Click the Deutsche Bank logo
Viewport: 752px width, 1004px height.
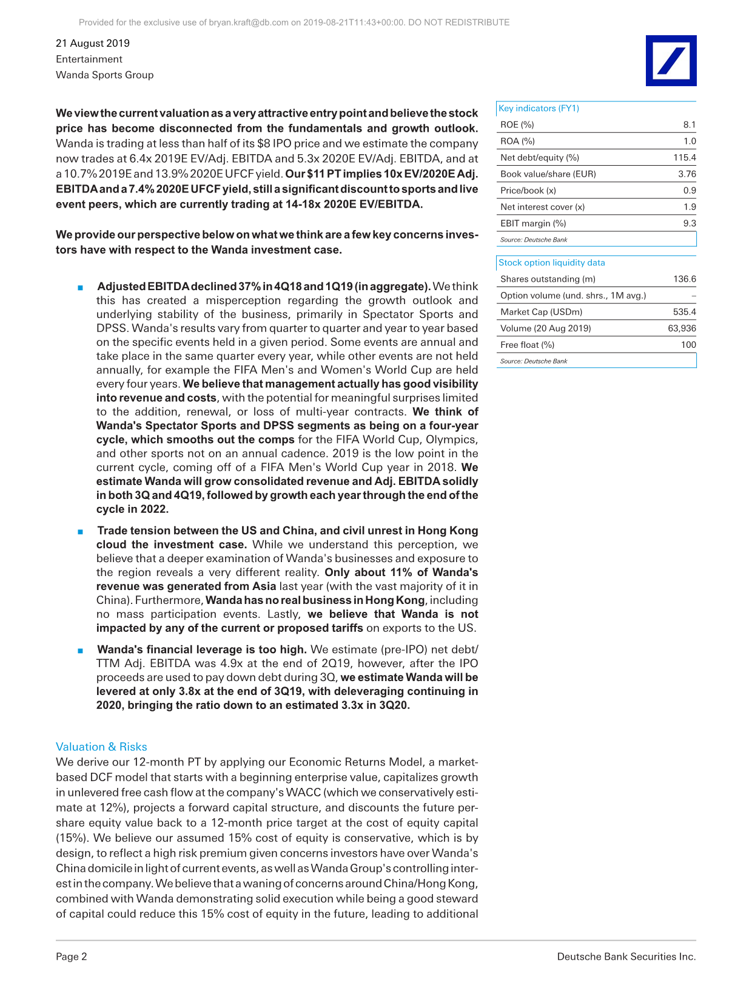(x=671, y=61)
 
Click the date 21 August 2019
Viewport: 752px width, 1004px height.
(x=93, y=43)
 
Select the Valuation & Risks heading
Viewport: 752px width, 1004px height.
(x=101, y=747)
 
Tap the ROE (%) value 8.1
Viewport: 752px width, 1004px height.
(x=689, y=124)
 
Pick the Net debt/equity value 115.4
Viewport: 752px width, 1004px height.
(x=684, y=157)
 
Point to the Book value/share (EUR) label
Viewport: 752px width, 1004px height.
(x=548, y=174)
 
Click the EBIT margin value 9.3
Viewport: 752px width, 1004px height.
(x=689, y=223)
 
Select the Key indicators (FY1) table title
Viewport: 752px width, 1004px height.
(x=539, y=108)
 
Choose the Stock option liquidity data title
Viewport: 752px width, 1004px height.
(x=551, y=262)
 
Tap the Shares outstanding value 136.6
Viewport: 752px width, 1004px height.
(x=684, y=279)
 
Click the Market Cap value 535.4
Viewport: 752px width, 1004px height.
(x=684, y=312)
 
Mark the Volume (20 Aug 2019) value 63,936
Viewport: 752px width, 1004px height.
(x=682, y=328)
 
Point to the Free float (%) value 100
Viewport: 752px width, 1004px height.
(x=688, y=345)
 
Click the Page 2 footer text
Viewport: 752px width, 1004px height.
(x=72, y=957)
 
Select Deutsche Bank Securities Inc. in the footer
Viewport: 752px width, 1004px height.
(x=626, y=957)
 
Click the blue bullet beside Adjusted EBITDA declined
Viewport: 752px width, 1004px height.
(x=80, y=287)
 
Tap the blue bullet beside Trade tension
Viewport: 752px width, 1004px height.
(x=80, y=532)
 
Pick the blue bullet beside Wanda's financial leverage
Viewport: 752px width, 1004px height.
(x=80, y=650)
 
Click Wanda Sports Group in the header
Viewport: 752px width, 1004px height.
(x=104, y=75)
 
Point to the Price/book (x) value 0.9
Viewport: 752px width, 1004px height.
(x=689, y=191)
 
